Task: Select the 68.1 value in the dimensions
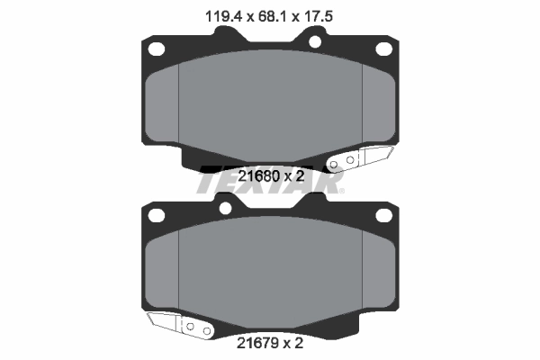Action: pos(269,14)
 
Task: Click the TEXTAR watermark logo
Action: pos(270,182)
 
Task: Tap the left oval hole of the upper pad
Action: pos(156,49)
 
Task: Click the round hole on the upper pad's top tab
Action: pos(316,41)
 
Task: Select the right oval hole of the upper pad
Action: pos(384,49)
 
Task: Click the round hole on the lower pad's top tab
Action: pos(225,209)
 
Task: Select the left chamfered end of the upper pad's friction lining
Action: pos(162,103)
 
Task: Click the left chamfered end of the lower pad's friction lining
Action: pos(162,270)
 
